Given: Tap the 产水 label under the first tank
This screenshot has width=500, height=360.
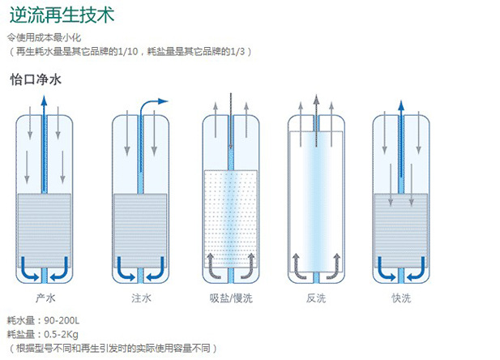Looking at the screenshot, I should [x=45, y=298].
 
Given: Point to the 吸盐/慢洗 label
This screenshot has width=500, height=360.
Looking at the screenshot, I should [x=230, y=298].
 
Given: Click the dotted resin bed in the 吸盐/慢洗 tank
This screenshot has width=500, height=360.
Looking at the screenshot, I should [x=230, y=215].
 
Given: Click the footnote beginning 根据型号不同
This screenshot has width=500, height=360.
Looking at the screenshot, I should [x=113, y=348].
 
